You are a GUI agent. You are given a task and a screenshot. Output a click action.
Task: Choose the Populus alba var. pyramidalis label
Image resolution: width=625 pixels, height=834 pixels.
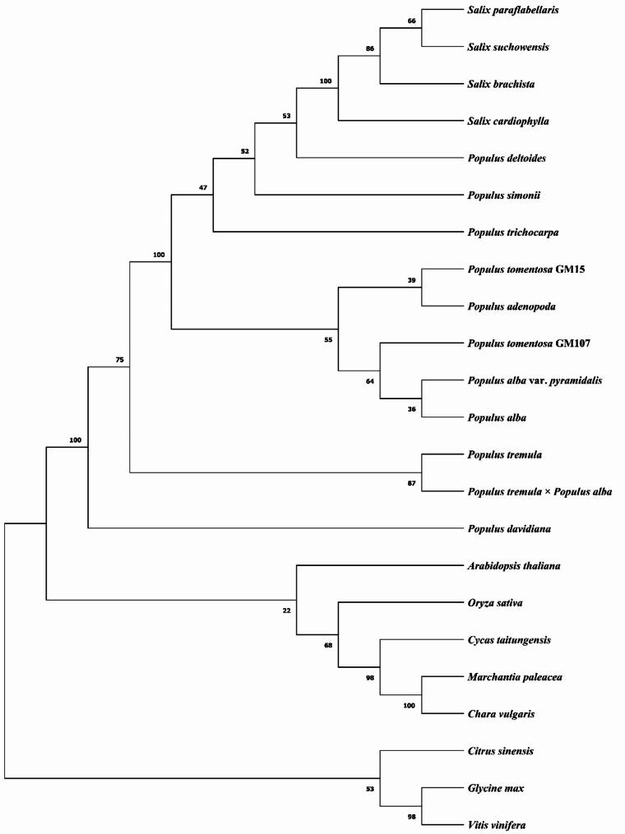(534, 380)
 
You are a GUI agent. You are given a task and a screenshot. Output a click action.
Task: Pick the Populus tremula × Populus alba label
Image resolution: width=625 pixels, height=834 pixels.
(539, 491)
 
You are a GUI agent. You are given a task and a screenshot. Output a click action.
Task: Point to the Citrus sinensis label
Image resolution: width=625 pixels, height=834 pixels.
(500, 751)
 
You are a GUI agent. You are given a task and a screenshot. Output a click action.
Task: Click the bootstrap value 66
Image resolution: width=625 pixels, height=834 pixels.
(412, 21)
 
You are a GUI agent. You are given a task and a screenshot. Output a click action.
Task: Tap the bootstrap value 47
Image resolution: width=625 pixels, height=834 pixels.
(204, 189)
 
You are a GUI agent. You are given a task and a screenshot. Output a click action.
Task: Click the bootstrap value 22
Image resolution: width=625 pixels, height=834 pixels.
(286, 610)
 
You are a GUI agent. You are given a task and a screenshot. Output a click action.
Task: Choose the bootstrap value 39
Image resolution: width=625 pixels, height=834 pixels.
(412, 280)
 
